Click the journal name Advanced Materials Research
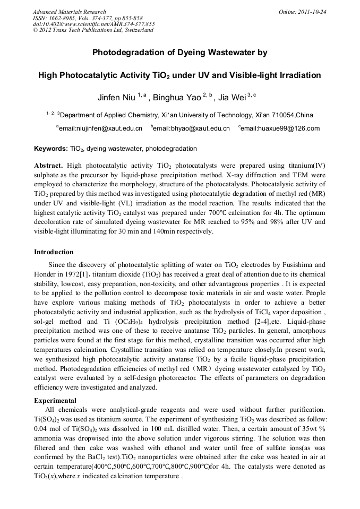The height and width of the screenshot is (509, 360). (70, 12)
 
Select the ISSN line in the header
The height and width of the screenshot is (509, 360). (84, 18)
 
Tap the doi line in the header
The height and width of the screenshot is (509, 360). (93, 24)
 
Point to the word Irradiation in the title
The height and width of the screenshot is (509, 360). (298, 75)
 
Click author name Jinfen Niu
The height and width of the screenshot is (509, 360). (116, 98)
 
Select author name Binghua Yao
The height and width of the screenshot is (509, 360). (175, 98)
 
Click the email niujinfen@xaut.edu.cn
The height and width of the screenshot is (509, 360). (100, 128)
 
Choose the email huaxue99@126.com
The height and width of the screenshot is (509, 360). (280, 128)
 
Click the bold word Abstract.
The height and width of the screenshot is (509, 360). (49, 165)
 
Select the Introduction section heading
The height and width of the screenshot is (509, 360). (54, 252)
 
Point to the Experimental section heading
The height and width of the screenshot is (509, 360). (55, 400)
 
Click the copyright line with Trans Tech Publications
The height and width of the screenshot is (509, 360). (93, 30)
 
